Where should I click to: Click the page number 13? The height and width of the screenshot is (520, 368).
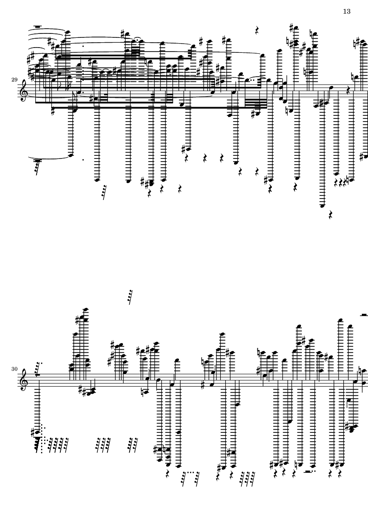coord(346,11)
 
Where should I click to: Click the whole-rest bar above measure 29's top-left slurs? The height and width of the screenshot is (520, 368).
coord(37,27)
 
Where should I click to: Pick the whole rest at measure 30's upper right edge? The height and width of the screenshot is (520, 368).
coord(364,314)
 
